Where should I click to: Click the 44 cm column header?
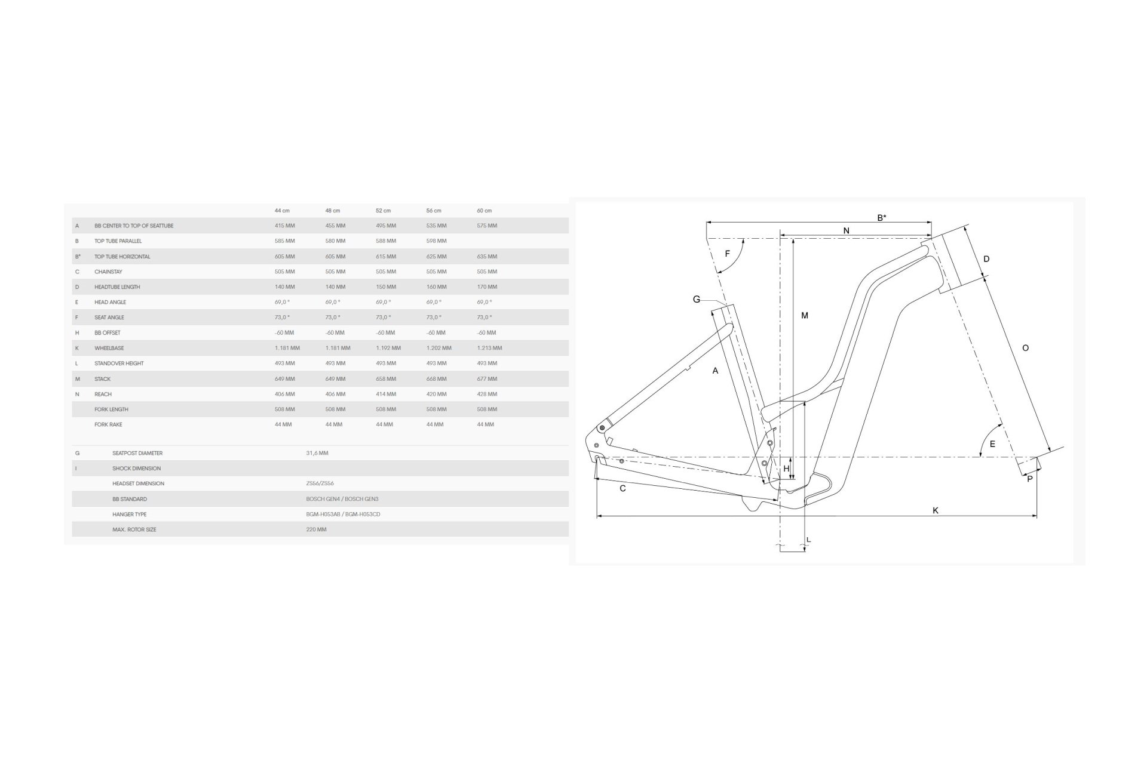282,211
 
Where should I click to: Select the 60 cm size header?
484,211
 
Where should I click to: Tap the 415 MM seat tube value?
285,226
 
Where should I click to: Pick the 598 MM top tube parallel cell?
437,241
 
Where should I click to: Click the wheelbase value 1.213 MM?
489,348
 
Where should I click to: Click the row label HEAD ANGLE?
110,302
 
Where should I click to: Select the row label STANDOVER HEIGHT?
119,363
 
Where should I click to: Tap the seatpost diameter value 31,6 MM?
317,453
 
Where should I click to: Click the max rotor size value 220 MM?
316,529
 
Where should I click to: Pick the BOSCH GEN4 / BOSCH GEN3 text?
342,499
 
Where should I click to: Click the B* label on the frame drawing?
881,218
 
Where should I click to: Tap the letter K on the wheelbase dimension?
936,510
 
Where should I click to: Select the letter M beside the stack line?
805,316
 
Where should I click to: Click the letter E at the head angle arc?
992,444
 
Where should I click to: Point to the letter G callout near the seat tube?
697,300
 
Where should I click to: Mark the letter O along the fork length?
1026,348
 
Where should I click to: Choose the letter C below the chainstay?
622,489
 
